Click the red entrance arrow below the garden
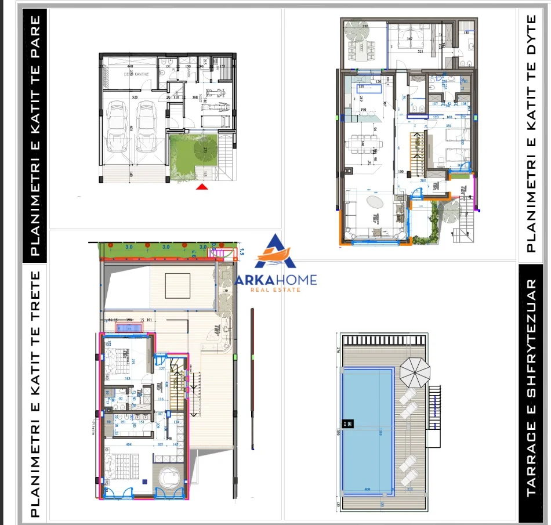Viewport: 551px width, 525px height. point(202,186)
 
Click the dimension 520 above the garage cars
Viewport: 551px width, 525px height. point(135,97)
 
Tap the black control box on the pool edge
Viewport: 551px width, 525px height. point(346,424)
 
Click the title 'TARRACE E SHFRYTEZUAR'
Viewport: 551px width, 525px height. point(531,389)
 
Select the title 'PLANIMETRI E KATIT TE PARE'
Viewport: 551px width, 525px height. point(35,136)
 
